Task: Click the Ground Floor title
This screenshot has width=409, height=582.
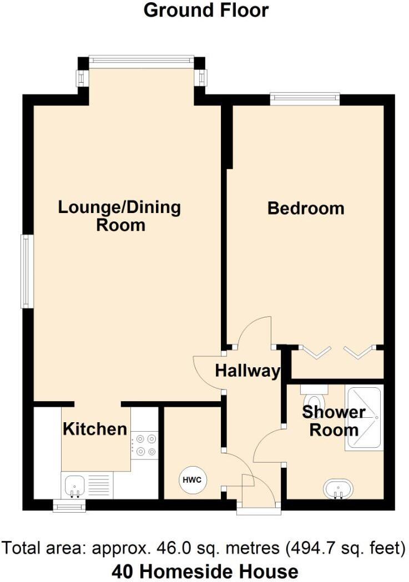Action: pos(206,10)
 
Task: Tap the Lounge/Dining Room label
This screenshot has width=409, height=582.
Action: pos(120,216)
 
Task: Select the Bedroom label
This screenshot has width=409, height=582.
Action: pos(306,209)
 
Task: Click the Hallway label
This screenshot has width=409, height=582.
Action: pos(248,371)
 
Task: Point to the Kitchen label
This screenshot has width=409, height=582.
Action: pos(95,429)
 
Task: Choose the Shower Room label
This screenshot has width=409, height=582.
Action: pos(334,421)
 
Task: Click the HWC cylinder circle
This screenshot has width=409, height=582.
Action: pos(193,479)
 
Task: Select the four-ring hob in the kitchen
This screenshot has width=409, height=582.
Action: pos(144,445)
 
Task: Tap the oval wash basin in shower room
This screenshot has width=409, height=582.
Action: pos(337,489)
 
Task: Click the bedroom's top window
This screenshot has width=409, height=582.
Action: pos(305,99)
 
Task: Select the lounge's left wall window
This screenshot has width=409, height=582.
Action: pos(26,271)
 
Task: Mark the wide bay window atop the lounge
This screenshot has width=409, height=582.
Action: pos(141,62)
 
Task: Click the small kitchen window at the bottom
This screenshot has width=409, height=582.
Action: pos(69,505)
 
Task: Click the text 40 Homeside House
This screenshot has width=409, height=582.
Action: pos(205,571)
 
